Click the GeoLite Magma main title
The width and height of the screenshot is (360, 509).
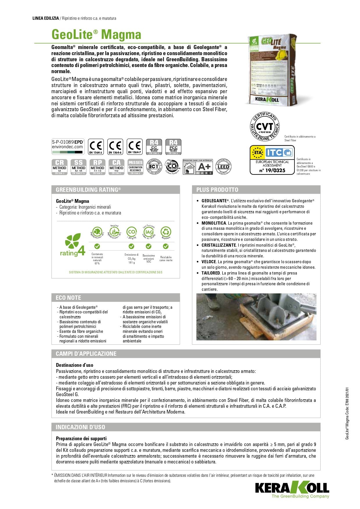96,35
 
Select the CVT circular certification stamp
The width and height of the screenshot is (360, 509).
265,127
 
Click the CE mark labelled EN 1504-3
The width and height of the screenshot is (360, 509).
96,147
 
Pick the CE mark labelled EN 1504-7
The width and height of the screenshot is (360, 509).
135,147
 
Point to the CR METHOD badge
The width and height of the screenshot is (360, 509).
59,167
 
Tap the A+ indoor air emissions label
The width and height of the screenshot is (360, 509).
198,167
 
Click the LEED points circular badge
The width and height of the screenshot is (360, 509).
223,167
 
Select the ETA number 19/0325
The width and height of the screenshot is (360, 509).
272,171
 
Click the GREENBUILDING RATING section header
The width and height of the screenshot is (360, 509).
88,190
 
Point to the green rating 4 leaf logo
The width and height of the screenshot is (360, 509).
73,245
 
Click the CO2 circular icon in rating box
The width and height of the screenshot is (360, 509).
132,232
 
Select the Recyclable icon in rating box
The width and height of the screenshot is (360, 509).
166,232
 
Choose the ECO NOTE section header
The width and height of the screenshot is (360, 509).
68,298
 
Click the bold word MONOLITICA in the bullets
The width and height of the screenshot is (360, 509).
214,223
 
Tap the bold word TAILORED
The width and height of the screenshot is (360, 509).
211,273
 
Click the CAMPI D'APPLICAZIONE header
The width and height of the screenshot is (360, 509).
86,354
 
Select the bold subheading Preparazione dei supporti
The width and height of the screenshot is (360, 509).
81,438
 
